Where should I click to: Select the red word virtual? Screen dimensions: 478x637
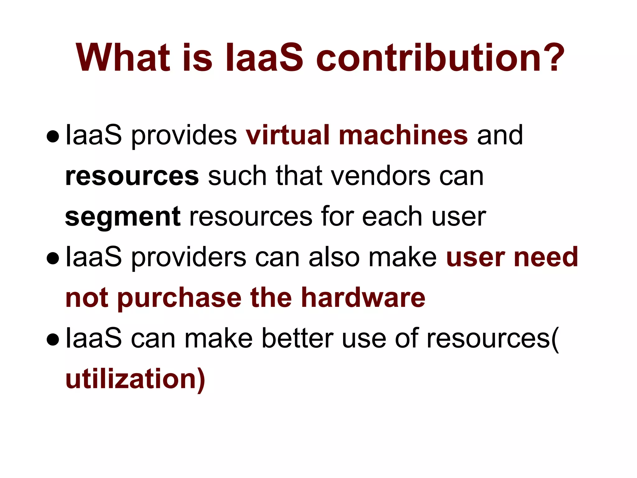tap(287, 135)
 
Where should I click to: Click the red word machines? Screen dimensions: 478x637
tap(403, 135)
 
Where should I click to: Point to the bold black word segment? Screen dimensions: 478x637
tap(123, 217)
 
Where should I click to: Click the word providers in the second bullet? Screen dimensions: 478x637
tap(188, 258)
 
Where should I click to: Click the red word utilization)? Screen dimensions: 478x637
tap(135, 379)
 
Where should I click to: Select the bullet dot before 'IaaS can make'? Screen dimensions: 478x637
tap(53, 340)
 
